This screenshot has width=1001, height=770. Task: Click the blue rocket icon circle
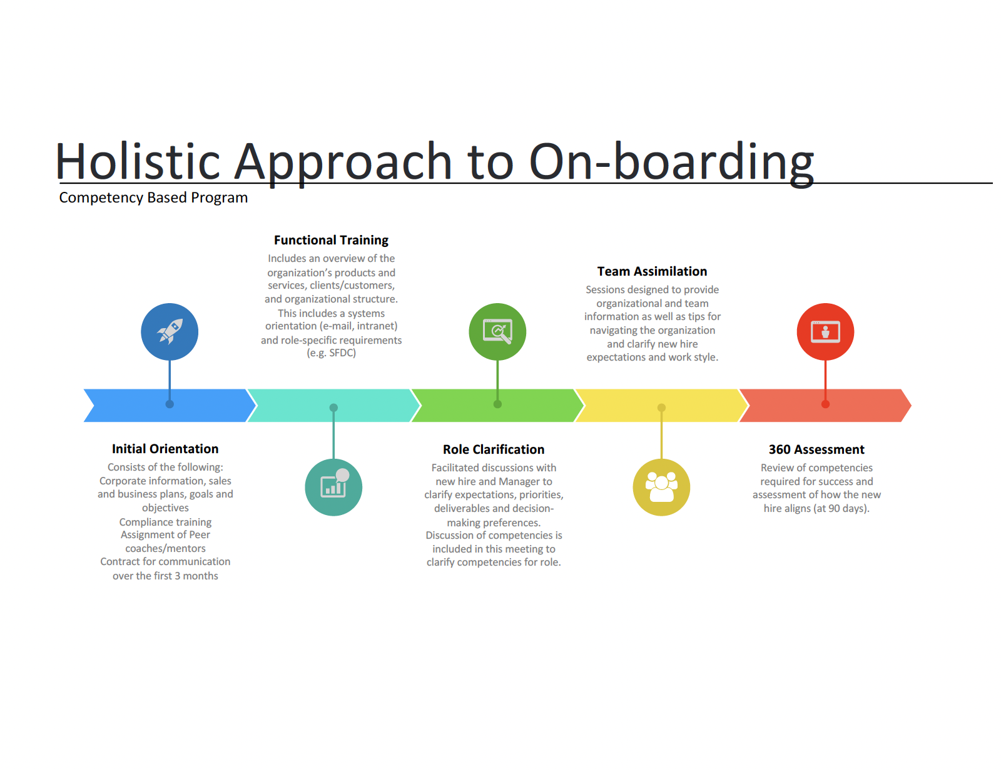[170, 331]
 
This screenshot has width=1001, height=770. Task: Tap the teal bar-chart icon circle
[333, 487]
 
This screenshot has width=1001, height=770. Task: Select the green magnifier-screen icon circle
[497, 331]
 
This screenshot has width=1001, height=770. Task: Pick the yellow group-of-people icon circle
[661, 487]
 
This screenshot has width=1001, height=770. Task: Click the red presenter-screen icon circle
[825, 331]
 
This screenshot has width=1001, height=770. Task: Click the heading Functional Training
[331, 240]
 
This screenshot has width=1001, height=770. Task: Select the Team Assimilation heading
[652, 271]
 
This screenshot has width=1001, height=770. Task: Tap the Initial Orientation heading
[165, 449]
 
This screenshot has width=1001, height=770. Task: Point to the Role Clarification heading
[494, 449]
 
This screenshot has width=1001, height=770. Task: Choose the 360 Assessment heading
[816, 449]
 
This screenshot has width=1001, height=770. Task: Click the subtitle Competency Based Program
[153, 197]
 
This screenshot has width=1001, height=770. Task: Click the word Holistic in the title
[138, 161]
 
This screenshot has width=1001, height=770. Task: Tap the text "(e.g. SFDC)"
[331, 353]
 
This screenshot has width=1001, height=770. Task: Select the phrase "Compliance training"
[165, 522]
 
